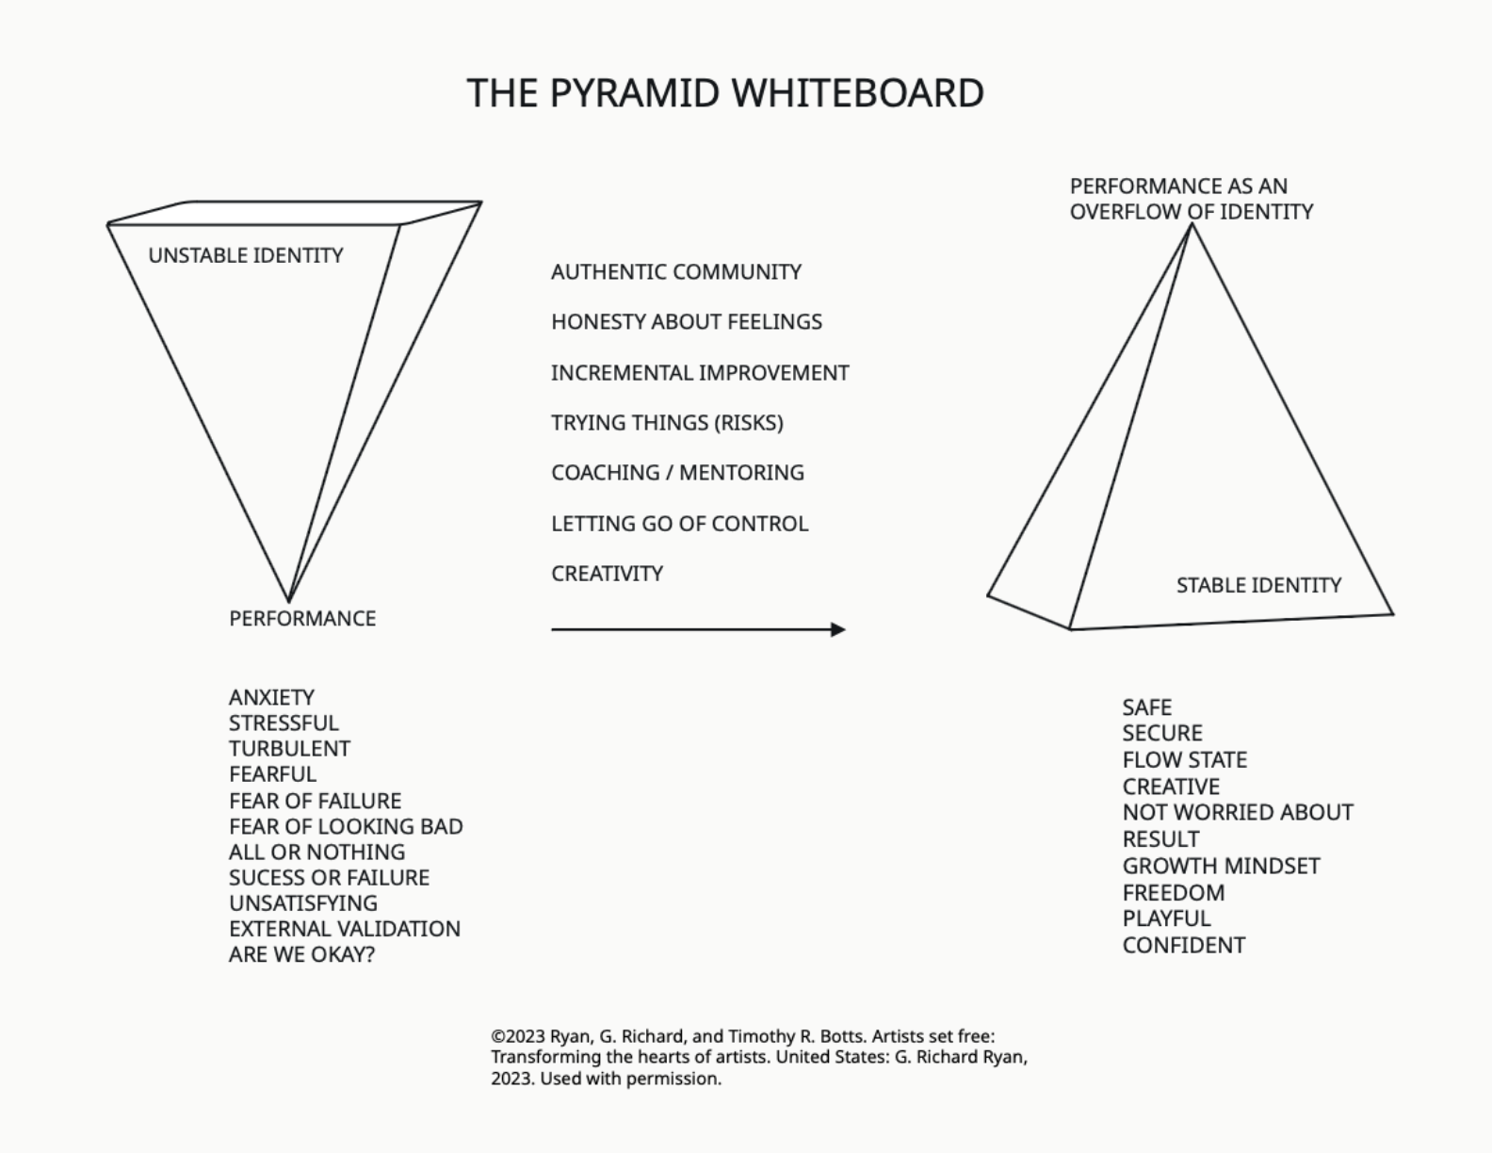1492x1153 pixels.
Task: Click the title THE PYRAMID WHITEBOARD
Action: point(725,93)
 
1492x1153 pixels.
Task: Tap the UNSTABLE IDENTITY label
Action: point(246,255)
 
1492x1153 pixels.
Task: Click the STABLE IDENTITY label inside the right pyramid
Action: point(1258,585)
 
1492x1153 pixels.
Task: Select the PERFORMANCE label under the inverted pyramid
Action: point(302,619)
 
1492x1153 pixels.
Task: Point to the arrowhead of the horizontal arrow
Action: point(838,629)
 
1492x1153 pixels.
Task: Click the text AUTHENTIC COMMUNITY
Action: point(676,272)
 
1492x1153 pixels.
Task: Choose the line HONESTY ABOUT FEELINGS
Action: point(687,322)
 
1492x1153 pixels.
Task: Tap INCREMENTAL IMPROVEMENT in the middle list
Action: point(700,373)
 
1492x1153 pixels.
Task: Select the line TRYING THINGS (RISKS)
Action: point(667,423)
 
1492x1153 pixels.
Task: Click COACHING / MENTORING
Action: point(677,473)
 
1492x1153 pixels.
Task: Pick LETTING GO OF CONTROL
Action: point(679,524)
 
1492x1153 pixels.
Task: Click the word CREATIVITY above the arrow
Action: point(607,574)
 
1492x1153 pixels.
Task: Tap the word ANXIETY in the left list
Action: point(271,697)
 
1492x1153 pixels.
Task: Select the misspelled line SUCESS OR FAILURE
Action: point(329,878)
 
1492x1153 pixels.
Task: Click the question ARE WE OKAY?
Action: point(301,954)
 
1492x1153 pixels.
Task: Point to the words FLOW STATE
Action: point(1184,760)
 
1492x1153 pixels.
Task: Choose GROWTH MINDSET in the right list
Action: point(1221,866)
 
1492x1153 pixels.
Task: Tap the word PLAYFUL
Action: point(1166,918)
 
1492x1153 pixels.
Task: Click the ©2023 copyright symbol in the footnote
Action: point(496,1036)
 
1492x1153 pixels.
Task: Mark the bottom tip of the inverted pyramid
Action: point(288,601)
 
